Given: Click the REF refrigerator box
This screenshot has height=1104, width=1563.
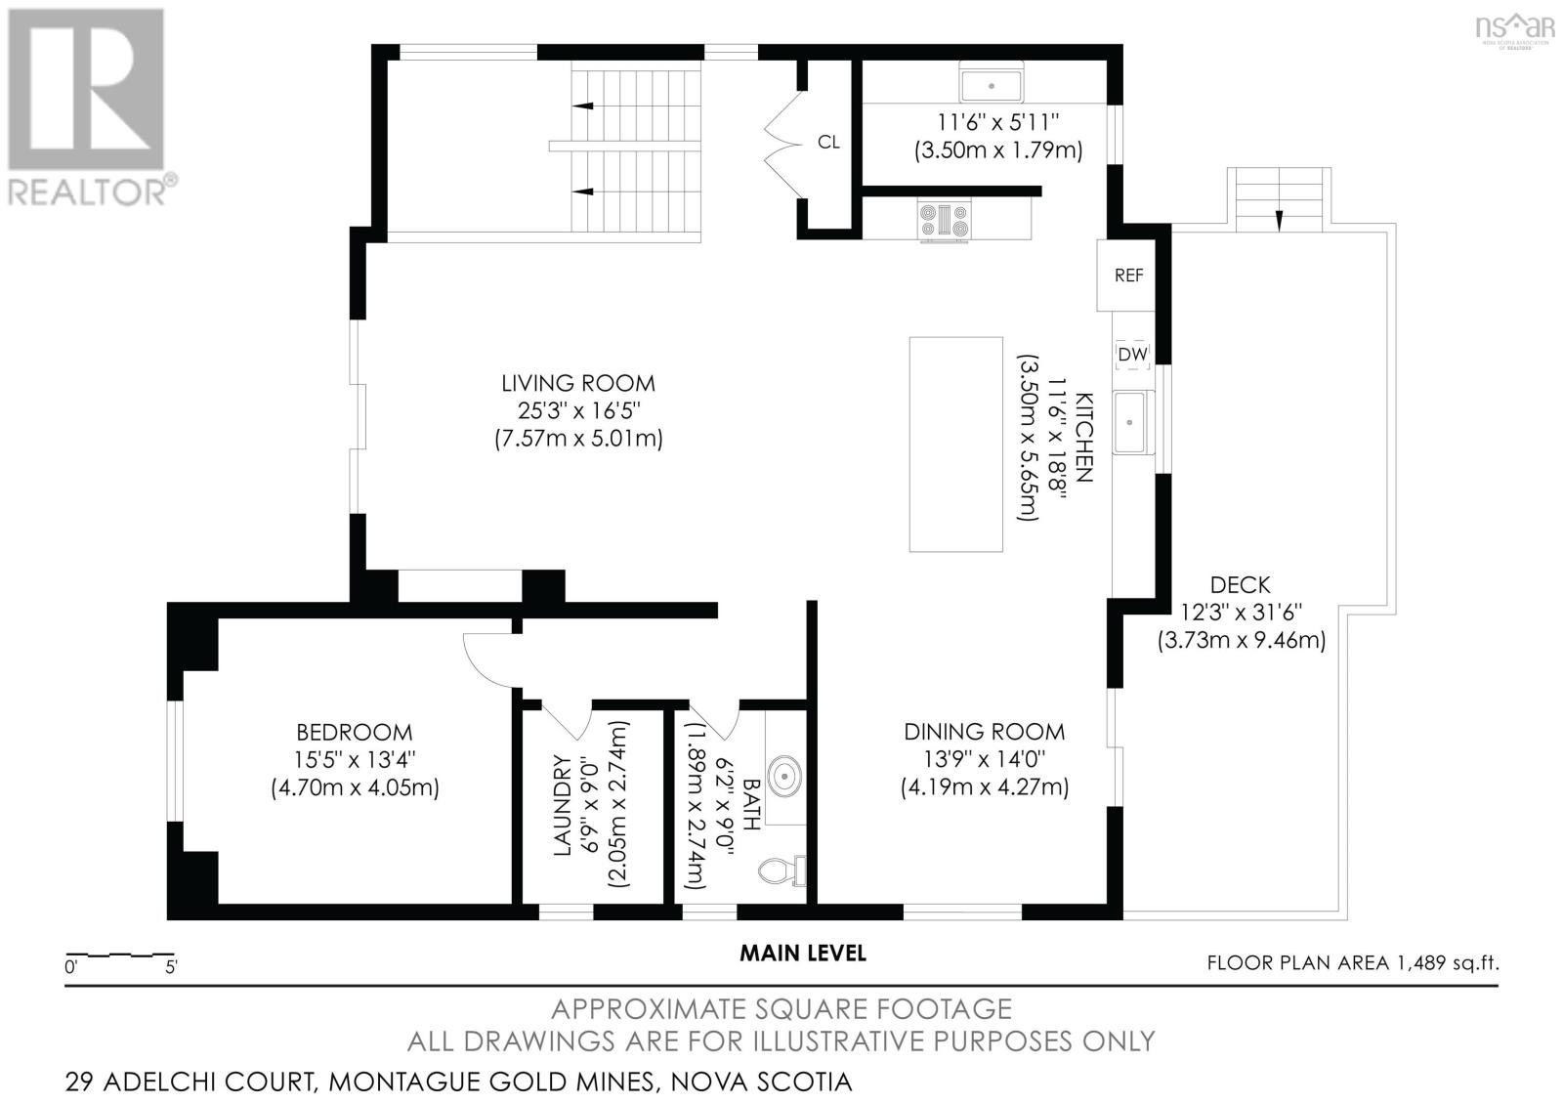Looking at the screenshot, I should coord(1128,276).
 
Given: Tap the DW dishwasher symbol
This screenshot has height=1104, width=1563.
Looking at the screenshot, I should coord(1132,355).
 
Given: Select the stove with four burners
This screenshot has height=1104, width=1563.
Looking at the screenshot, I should coord(944,220).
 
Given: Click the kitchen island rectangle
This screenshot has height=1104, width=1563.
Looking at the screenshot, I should coord(955,445).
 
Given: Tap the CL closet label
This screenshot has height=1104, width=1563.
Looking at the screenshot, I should coord(828,143).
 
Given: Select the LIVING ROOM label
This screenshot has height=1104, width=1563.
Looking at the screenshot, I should coord(578,384).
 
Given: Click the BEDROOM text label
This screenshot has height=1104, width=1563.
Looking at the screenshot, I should coord(355,732).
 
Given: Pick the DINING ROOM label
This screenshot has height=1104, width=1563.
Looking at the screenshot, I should coord(984,732).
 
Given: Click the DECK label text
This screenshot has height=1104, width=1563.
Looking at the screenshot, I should coord(1240,585).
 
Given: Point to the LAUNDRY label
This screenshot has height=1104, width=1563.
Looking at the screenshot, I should coord(563,806).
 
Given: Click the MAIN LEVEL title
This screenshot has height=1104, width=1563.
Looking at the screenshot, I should coord(802,953).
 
